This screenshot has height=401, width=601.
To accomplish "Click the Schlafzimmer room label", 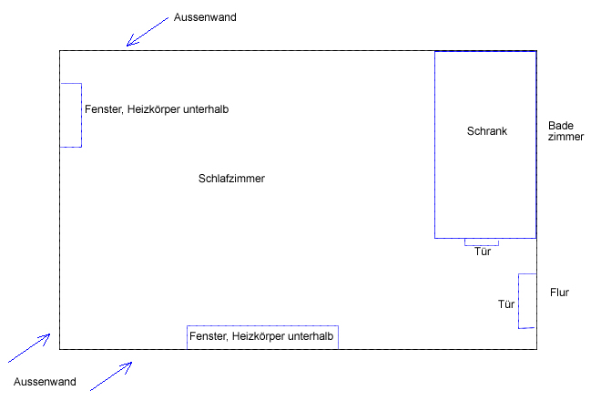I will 231,179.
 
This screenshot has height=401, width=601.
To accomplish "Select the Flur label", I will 559,293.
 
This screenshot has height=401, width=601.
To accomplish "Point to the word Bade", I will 560,126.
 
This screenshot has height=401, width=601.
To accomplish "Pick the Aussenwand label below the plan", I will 45,381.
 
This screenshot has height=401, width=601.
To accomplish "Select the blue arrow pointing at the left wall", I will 29,348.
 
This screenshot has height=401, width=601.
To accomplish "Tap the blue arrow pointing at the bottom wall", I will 111,375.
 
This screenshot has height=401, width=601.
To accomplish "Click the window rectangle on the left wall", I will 71,115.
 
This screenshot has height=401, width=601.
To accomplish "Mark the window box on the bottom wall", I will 262,337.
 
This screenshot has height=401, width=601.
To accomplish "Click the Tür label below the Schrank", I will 483,252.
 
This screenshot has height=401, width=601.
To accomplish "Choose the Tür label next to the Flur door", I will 506,303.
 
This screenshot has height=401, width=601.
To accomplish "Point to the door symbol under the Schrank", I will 482,242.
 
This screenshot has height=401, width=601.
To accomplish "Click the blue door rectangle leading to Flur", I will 526,301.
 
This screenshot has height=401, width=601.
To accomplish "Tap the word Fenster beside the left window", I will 103,109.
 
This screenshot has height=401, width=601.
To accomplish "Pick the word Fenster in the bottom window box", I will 209,337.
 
